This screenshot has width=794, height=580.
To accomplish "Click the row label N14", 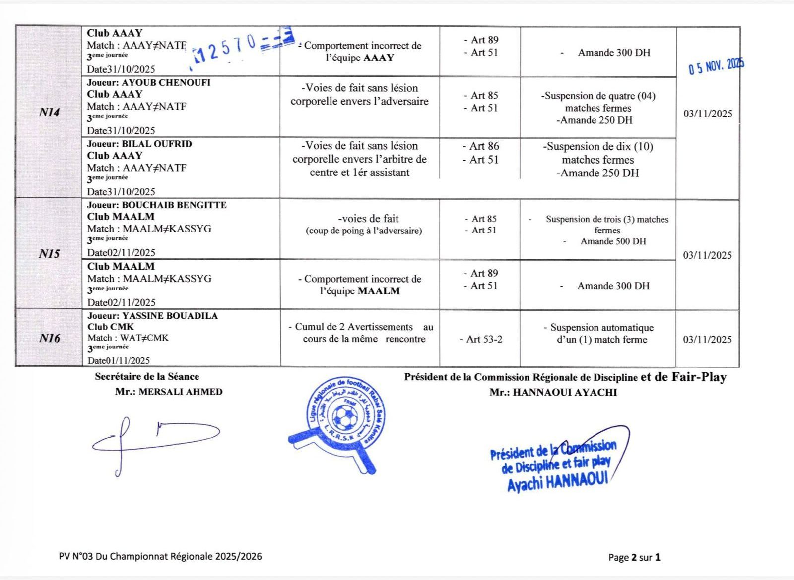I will coord(49,113).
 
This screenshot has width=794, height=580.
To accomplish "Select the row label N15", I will coord(49,254).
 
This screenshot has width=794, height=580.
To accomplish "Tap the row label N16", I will coord(49,338).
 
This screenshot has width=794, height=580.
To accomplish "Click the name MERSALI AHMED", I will coord(181,392).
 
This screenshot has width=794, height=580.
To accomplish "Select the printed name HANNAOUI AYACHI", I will coord(565,392).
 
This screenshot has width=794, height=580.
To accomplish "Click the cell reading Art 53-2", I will coord(484,339).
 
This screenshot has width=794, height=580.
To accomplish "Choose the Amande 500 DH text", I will coord(613,241).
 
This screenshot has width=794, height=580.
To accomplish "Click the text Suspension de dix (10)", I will coord(597,147).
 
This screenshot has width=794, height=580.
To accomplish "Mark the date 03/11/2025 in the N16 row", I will coord(707,339).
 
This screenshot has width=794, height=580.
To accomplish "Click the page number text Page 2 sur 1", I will coord(634,557).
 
